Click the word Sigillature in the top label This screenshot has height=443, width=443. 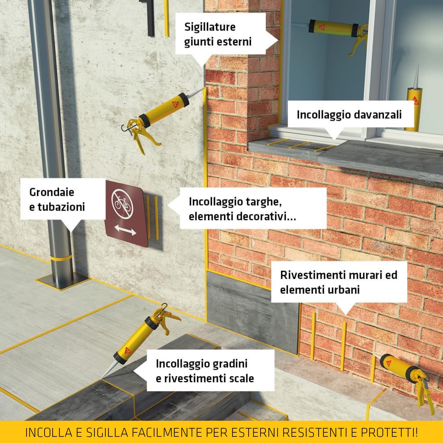(210, 27)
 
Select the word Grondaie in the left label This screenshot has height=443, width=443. (52, 192)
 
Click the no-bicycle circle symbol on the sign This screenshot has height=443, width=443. (123, 203)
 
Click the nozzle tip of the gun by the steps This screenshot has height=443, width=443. (102, 378)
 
